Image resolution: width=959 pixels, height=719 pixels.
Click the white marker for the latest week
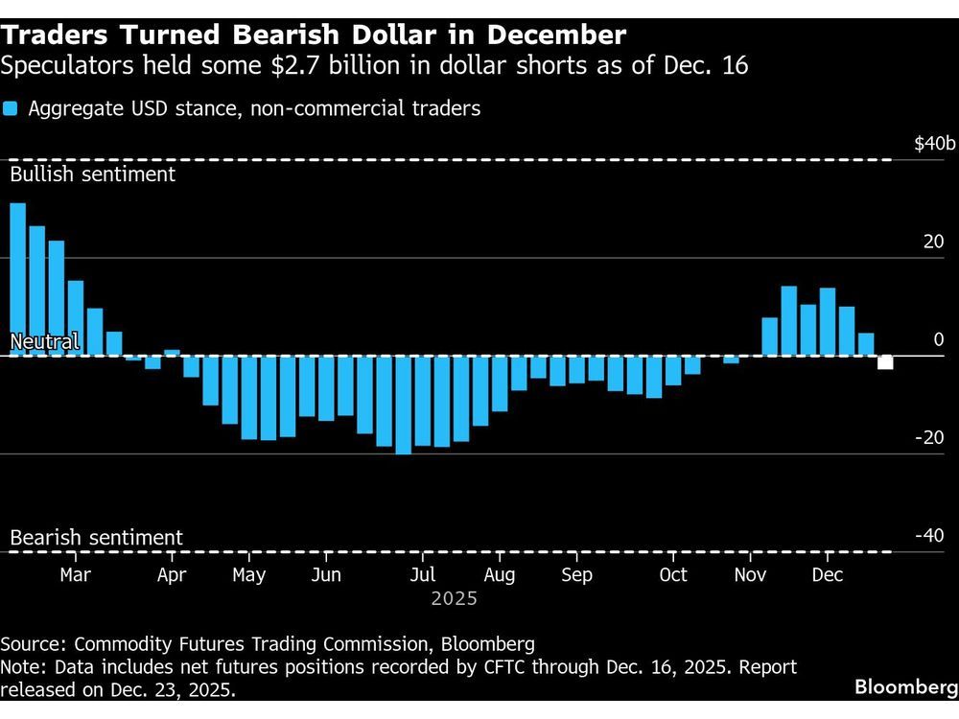[x=885, y=361]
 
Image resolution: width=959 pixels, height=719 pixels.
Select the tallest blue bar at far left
[x=17, y=278]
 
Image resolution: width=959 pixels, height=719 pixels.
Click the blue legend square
[x=11, y=108]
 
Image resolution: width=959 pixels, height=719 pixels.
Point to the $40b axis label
[x=935, y=144]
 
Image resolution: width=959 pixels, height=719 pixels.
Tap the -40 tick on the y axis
[x=930, y=535]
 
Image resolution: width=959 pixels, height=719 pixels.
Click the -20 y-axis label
[x=930, y=437]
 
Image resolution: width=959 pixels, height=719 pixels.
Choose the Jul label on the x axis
[x=423, y=575]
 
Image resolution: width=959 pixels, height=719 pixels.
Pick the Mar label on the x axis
[x=75, y=575]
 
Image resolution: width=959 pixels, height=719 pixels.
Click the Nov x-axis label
[x=750, y=575]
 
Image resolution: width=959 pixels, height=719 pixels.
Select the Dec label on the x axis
[x=828, y=575]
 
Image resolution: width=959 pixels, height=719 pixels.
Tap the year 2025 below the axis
[x=454, y=599]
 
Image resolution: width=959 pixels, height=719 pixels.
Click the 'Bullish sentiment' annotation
[x=93, y=174]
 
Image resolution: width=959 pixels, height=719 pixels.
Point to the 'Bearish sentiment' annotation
[x=96, y=538]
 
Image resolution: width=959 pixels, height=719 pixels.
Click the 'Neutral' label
[x=44, y=342]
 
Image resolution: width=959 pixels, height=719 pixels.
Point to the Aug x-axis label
[x=500, y=575]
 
